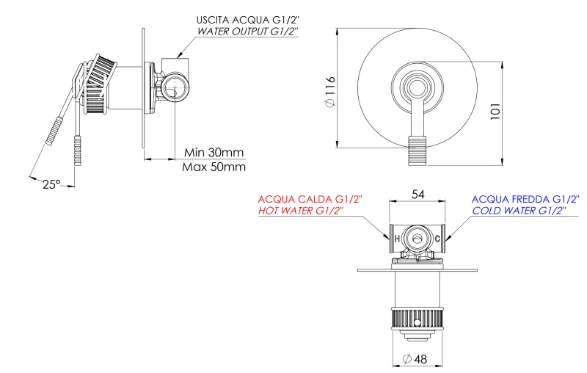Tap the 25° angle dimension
(51, 185)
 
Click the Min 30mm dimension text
(214, 152)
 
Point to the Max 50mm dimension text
(214, 167)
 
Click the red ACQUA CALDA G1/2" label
(310, 199)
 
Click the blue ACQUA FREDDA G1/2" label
(525, 199)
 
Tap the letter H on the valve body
(397, 239)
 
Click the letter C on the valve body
(438, 239)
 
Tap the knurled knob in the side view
(98, 84)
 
